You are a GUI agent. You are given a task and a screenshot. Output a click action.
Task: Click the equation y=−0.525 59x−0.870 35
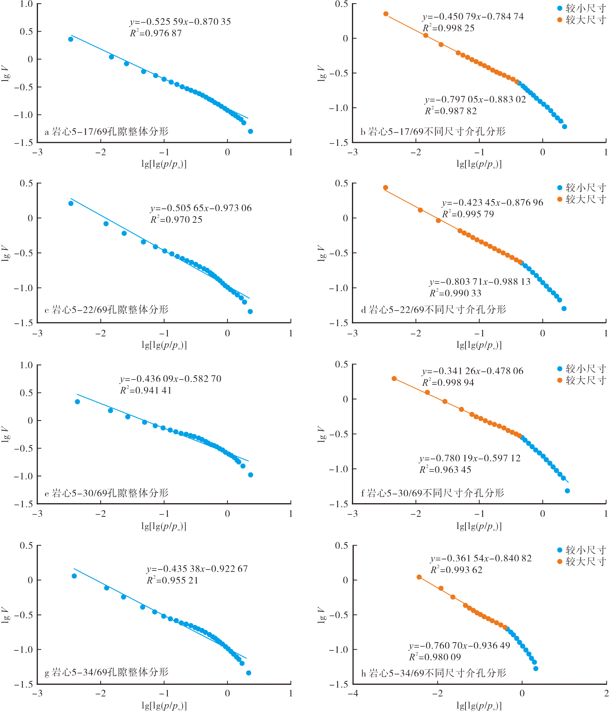(x=180, y=22)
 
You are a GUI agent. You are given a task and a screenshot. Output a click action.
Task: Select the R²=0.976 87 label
(x=156, y=33)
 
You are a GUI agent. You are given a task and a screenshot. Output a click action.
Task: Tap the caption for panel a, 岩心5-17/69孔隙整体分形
(x=106, y=132)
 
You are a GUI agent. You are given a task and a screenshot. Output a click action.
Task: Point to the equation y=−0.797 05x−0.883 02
(x=475, y=100)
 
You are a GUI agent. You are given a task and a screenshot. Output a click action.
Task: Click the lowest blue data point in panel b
(x=565, y=126)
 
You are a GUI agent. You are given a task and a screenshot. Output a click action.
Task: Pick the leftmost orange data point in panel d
(x=386, y=188)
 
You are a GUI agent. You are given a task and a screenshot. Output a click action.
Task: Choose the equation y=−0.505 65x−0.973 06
(x=201, y=208)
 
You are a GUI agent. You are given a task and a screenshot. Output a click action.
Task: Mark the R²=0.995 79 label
(x=468, y=214)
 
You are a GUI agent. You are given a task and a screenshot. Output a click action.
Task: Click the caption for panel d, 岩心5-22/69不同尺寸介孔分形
(x=434, y=309)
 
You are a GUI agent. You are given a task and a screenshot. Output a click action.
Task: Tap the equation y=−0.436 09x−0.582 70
(x=170, y=379)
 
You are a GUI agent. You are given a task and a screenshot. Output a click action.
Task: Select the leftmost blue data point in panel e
(x=77, y=401)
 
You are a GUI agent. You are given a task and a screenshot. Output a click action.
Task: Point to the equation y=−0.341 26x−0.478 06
(x=473, y=371)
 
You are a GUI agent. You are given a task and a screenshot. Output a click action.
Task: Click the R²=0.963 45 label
(x=445, y=470)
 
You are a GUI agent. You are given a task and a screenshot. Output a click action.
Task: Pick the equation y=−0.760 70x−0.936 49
(x=459, y=646)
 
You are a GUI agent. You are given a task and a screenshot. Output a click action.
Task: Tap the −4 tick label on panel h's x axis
(x=353, y=693)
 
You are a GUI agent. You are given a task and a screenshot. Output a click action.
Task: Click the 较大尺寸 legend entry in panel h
(x=581, y=562)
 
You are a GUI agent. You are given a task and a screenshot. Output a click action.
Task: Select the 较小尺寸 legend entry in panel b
(x=581, y=8)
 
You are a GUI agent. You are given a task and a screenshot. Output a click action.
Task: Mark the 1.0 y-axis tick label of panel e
(x=26, y=365)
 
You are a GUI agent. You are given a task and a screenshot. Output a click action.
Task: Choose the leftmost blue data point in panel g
(x=74, y=576)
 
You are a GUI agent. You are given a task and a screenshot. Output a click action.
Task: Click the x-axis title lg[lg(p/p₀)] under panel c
(x=164, y=345)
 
